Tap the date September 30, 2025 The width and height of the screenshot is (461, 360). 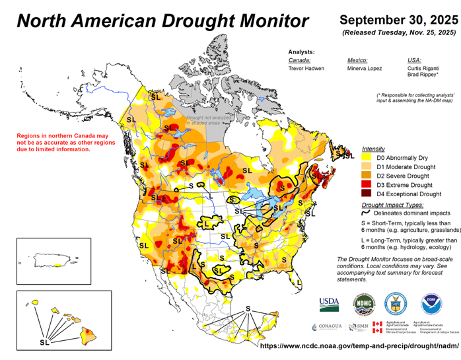399,18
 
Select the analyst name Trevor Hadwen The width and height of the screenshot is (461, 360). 306,68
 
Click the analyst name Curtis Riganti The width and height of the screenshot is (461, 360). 423,68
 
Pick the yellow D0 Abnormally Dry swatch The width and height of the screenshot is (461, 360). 367,159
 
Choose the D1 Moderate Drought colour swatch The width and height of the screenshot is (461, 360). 367,168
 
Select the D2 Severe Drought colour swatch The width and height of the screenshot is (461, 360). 367,176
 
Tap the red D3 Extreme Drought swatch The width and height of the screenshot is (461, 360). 367,186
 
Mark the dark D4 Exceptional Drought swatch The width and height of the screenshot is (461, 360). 367,194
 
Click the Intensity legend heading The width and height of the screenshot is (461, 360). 374,149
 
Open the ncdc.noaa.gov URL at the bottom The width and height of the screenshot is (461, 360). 359,345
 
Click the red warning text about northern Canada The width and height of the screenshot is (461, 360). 54,142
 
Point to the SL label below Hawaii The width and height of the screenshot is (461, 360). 44,343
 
